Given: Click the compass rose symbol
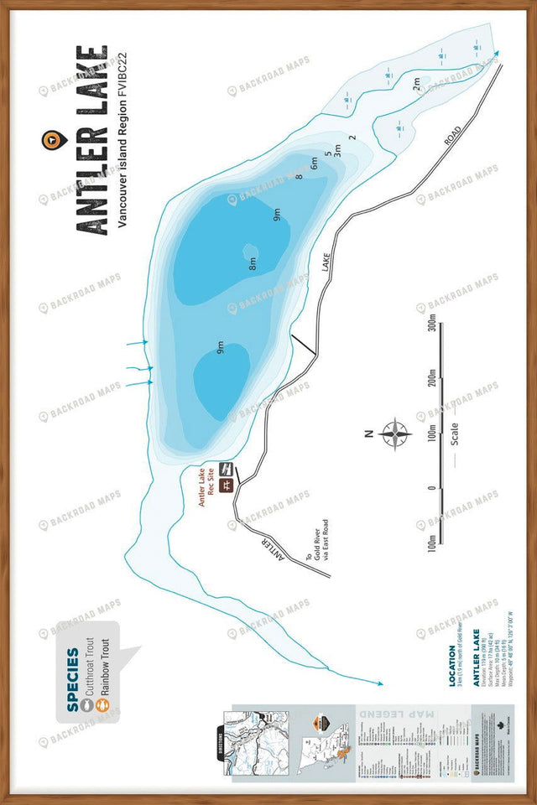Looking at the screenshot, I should (394, 434).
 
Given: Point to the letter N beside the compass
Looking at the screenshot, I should (368, 434).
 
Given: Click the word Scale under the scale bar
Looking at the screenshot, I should (454, 434).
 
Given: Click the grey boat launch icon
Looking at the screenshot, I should (225, 468).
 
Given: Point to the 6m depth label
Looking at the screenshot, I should (315, 165).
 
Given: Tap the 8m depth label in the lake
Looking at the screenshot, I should (252, 263).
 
